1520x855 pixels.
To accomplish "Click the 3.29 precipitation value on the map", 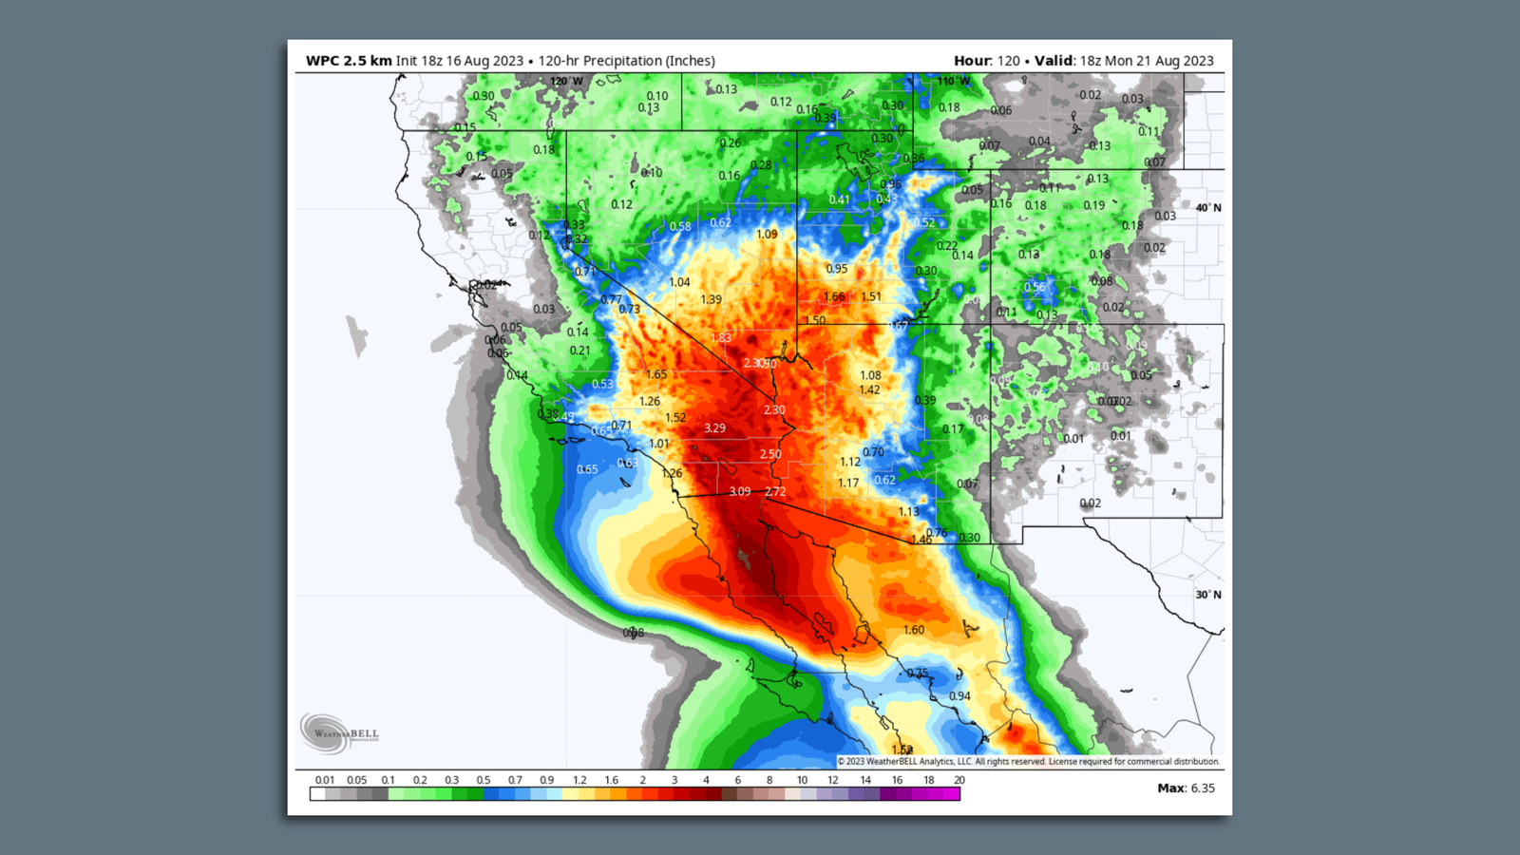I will [x=714, y=428].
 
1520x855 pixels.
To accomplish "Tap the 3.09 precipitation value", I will [x=740, y=491].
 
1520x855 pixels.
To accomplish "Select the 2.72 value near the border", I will [x=775, y=491].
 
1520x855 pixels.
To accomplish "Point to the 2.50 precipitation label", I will [x=770, y=454].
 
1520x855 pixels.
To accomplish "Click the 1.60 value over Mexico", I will [x=913, y=630].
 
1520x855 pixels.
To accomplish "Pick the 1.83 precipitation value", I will [x=721, y=337].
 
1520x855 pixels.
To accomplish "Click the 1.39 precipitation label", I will [x=711, y=299].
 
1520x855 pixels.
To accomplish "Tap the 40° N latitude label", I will [x=1208, y=208].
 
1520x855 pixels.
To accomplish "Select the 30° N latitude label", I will [x=1208, y=595].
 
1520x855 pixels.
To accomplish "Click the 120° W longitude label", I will [x=566, y=82].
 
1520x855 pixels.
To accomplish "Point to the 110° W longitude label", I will [x=954, y=82].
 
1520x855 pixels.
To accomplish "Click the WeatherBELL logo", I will [x=339, y=732].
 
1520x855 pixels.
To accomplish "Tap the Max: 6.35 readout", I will [x=1186, y=788].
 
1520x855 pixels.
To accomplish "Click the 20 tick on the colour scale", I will [x=959, y=780].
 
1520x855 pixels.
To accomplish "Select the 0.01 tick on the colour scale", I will [x=325, y=780].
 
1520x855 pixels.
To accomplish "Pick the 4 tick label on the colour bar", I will [x=706, y=780].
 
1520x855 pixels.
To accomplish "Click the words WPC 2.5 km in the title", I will [x=349, y=61].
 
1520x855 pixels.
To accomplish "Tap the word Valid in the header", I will [x=1054, y=61].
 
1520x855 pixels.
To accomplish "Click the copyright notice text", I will [x=1029, y=761].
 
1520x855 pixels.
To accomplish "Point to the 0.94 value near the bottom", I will [x=959, y=696].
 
